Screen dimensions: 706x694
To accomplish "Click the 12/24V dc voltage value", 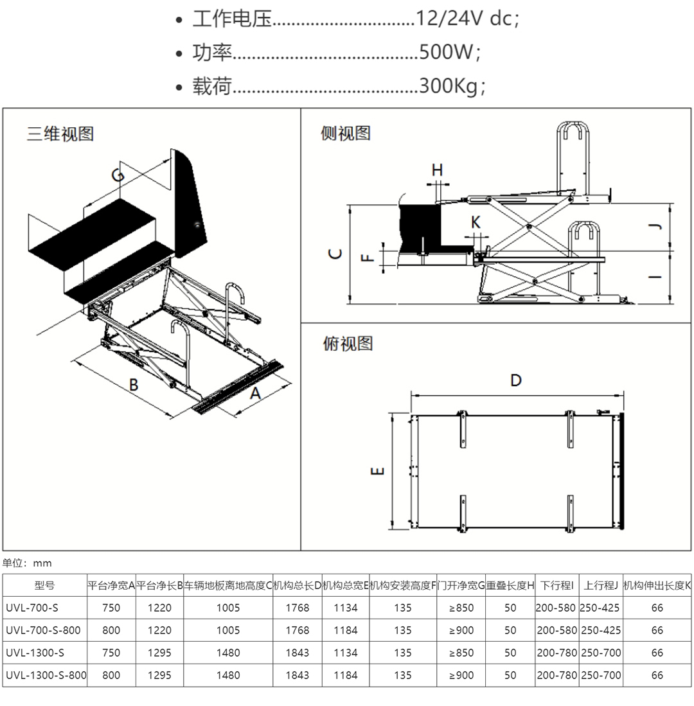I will point(467,19).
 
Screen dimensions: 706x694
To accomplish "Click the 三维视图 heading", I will point(60,134).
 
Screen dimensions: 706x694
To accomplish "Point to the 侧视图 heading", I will point(346,134).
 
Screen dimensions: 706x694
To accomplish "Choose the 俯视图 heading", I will point(348,344).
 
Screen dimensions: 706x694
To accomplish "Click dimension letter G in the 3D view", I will point(118,175).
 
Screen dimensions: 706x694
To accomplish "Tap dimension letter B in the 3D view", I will point(134,384).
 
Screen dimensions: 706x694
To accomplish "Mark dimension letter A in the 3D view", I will point(255,393).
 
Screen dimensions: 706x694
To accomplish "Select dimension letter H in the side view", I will point(437,170).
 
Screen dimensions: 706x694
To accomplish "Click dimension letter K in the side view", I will point(476,222).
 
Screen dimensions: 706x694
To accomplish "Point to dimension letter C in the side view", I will point(335,254).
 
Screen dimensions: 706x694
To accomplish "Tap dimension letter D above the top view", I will point(516,380).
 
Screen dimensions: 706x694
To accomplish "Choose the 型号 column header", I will point(45,585).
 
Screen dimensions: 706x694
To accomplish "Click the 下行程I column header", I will point(556,585).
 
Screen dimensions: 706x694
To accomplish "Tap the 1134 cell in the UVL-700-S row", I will point(346,608).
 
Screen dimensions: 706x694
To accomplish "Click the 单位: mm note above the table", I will point(27,563).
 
